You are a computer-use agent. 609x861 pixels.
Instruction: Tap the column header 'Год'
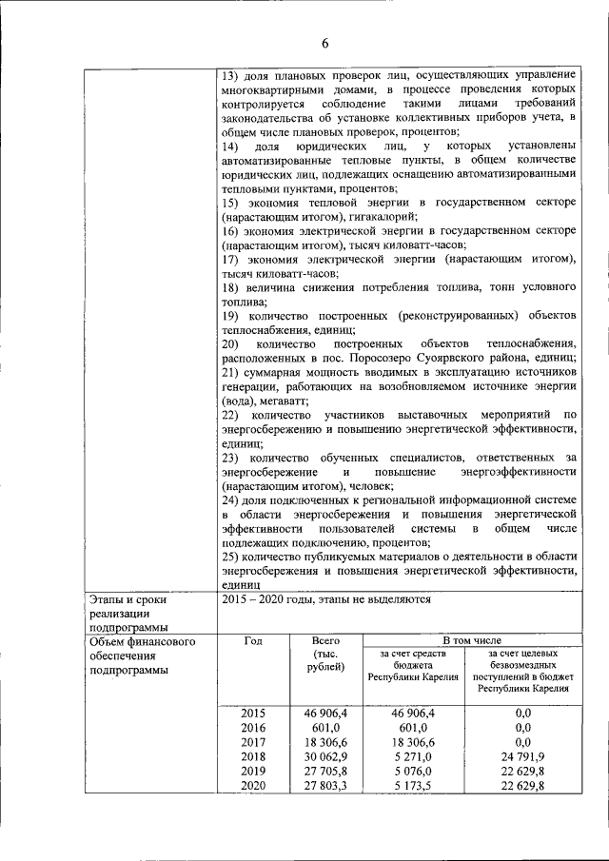tap(253, 641)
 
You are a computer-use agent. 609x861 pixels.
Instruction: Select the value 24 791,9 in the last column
tap(521, 756)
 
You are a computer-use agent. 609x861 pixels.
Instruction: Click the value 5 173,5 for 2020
tap(412, 787)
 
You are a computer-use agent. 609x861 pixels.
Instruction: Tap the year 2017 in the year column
tap(253, 741)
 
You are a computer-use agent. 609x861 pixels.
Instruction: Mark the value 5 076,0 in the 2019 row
tap(412, 772)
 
